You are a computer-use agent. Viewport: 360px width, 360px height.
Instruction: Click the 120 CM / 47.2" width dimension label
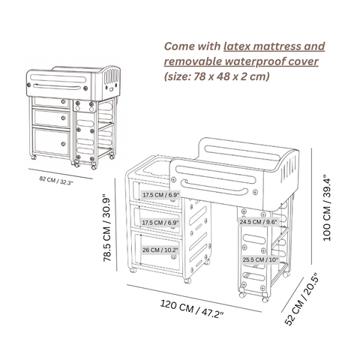point(191,309)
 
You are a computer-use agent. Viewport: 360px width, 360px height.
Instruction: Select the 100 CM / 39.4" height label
point(327,208)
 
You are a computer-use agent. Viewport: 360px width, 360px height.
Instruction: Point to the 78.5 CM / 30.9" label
point(106,228)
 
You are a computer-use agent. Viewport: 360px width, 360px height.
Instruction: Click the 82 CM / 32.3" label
point(56,180)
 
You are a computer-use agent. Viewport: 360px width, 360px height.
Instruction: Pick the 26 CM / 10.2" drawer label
point(160,250)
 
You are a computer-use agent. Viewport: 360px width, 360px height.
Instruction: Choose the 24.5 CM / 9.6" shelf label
point(259,222)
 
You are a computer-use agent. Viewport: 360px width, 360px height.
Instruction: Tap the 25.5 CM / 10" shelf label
point(260,259)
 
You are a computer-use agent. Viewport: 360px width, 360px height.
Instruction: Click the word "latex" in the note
point(237,46)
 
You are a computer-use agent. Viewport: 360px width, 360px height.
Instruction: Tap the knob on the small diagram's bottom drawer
point(64,144)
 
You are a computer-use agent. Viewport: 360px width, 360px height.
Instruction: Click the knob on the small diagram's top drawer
point(64,101)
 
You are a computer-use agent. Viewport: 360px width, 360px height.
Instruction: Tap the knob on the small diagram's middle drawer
point(64,118)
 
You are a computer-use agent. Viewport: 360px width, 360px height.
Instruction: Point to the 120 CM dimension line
point(194,298)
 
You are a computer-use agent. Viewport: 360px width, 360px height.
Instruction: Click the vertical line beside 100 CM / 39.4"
point(312,205)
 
